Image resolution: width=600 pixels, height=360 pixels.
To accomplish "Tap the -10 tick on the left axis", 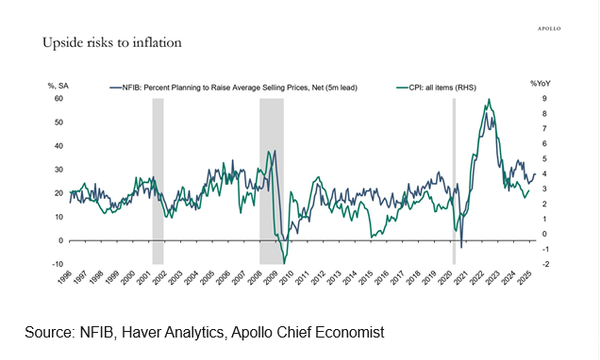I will [58, 263].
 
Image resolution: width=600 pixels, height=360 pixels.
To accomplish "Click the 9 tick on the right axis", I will [544, 99].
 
